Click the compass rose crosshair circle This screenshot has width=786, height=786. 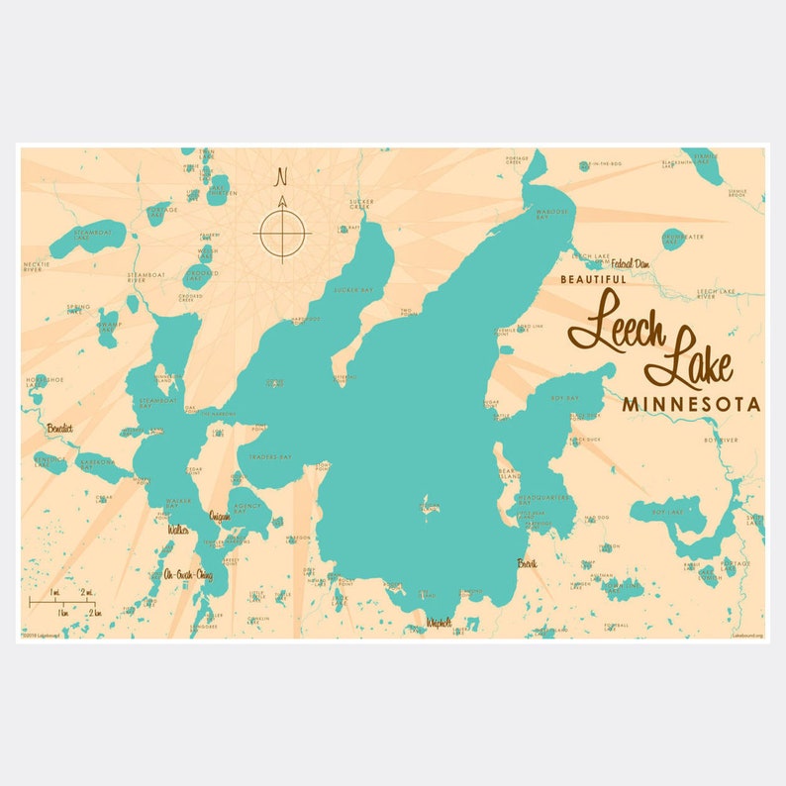tap(283, 234)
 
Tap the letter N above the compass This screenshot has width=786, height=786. tap(282, 178)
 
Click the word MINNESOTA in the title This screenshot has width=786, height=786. tap(691, 405)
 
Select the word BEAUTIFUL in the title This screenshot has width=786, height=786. tap(593, 280)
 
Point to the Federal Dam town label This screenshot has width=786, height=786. tap(630, 264)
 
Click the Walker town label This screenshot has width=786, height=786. tap(178, 530)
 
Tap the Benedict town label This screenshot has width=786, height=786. tap(59, 429)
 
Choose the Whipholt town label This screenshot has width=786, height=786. tap(439, 623)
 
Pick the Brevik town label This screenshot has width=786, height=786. tap(527, 563)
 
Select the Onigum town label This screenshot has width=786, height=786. tap(220, 517)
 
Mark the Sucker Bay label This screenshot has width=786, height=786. tap(352, 290)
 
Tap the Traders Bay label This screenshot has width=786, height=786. tap(270, 457)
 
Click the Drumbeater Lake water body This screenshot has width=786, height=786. tap(673, 238)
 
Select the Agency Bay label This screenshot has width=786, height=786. tap(245, 505)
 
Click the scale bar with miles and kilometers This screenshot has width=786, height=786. tap(62, 602)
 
